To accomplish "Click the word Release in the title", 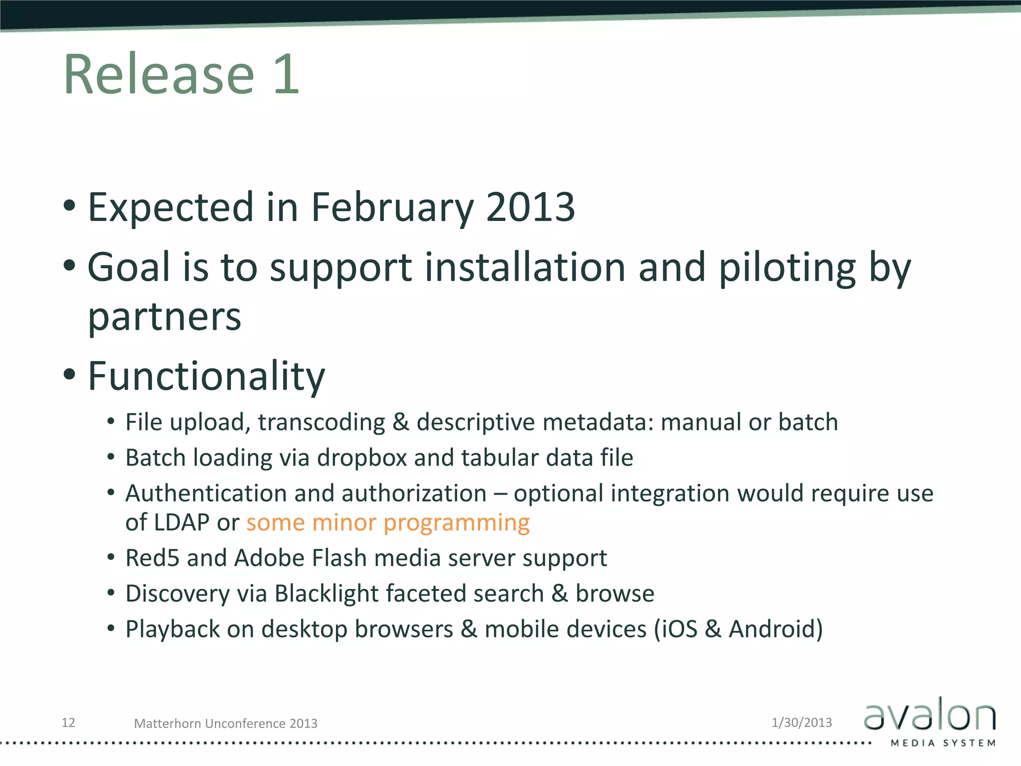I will pyautogui.click(x=159, y=75).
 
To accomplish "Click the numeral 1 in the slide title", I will pyautogui.click(x=286, y=75).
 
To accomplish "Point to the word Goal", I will pyautogui.click(x=129, y=267).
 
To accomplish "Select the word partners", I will pyautogui.click(x=165, y=318).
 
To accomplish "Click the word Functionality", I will pyautogui.click(x=206, y=376).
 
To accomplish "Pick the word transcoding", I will pyautogui.click(x=322, y=423).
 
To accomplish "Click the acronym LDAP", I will pyautogui.click(x=182, y=523).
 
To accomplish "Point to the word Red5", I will pyautogui.click(x=152, y=558).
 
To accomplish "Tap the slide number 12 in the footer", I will pyautogui.click(x=68, y=723).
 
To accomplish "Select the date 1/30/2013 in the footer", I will pyautogui.click(x=802, y=723).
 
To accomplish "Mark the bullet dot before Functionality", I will pyautogui.click(x=70, y=374).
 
